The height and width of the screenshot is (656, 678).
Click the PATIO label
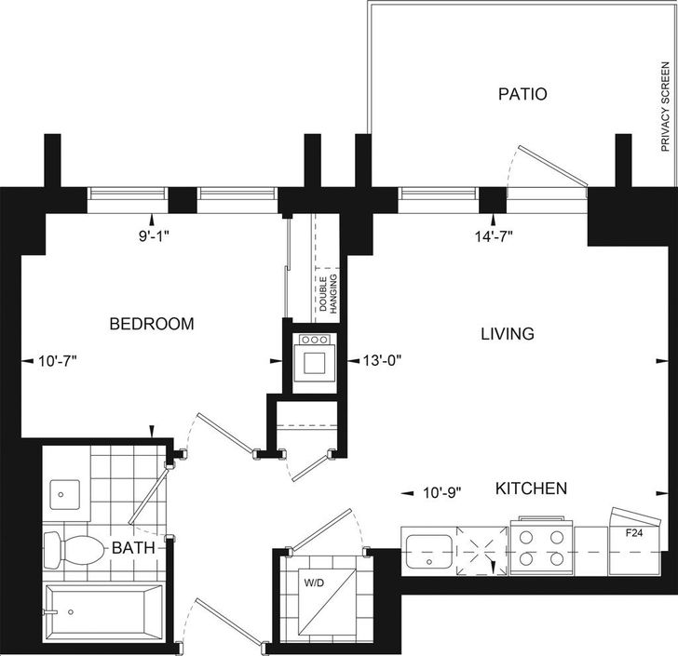[522, 94]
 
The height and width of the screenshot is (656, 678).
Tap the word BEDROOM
[152, 324]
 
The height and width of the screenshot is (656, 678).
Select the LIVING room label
[508, 334]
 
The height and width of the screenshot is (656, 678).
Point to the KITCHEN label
[531, 489]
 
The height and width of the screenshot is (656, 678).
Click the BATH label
[133, 548]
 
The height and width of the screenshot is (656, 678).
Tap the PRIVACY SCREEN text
[666, 107]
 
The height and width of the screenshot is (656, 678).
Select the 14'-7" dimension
[494, 236]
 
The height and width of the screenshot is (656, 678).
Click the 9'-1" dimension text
[154, 236]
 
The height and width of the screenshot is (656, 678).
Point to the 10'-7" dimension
[58, 360]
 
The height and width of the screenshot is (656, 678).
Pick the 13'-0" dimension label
[382, 360]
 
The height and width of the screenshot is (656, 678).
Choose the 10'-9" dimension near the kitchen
[441, 492]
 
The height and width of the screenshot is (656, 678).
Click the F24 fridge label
[634, 533]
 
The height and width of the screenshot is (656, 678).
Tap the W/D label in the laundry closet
[314, 583]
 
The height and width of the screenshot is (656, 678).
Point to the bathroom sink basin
[65, 494]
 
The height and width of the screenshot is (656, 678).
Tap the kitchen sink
[429, 552]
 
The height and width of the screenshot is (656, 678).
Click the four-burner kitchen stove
[542, 546]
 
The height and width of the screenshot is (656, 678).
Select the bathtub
[103, 612]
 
